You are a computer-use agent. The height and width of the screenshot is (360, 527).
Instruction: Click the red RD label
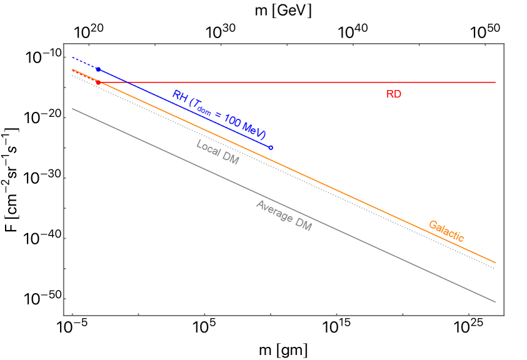pyautogui.click(x=393, y=94)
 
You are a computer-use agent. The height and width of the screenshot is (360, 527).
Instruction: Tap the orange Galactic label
pyautogui.click(x=446, y=231)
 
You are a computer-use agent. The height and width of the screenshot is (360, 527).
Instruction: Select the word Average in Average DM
pyautogui.click(x=273, y=211)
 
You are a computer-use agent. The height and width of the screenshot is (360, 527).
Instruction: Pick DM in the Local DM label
pyautogui.click(x=231, y=159)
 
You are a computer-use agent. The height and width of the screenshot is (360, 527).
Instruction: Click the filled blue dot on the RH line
pyautogui.click(x=98, y=69)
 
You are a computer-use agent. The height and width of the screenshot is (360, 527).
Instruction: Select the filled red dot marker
pyautogui.click(x=98, y=82)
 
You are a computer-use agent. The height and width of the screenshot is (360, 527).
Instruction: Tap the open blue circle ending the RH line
pyautogui.click(x=271, y=147)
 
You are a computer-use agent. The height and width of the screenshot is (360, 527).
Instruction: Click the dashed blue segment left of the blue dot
pyautogui.click(x=85, y=63)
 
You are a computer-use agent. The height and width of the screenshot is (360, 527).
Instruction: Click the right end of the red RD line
pyautogui.click(x=495, y=82)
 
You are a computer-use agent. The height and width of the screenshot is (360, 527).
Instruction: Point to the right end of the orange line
pyautogui.click(x=495, y=262)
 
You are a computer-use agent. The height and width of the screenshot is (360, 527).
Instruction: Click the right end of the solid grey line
pyautogui.click(x=495, y=302)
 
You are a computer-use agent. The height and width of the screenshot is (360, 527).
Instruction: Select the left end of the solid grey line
pyautogui.click(x=73, y=109)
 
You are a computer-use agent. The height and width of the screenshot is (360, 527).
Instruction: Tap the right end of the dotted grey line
pyautogui.click(x=494, y=268)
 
